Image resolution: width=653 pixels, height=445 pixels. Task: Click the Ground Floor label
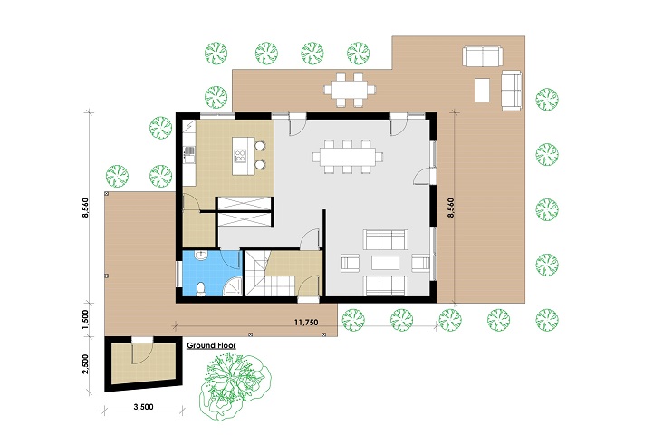[x=211, y=345]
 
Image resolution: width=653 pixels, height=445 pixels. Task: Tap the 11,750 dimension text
[x=306, y=323]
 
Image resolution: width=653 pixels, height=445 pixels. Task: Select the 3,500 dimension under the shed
[x=144, y=407]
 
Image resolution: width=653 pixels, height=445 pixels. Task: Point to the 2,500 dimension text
[x=85, y=364]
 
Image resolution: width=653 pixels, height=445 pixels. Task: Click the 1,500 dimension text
[x=85, y=320]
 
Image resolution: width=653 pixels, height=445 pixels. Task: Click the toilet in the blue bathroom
[x=201, y=289]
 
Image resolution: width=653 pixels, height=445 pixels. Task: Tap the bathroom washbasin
[x=201, y=255]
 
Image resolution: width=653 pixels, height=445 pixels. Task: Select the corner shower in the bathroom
[x=233, y=286]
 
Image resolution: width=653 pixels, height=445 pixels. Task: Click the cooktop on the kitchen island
[x=240, y=155]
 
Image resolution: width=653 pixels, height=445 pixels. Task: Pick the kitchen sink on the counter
[x=189, y=153]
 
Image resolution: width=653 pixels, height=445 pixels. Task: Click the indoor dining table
[x=347, y=157]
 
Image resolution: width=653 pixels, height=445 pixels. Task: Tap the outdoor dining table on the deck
[x=350, y=89]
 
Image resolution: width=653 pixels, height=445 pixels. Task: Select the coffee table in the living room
[x=385, y=263]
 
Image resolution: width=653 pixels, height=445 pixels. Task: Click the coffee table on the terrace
[x=482, y=90]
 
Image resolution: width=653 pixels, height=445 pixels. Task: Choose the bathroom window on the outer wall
[x=178, y=274]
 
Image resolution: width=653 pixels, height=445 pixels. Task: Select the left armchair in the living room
[x=350, y=263]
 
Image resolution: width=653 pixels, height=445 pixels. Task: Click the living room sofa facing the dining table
[x=385, y=239]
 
